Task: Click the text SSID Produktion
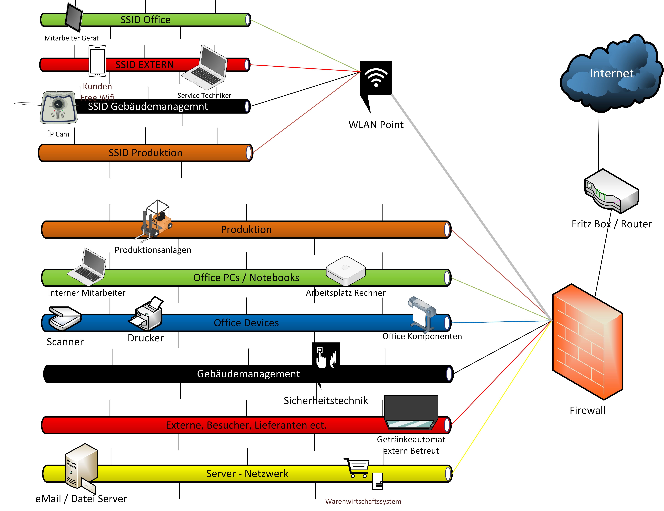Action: point(145,153)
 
